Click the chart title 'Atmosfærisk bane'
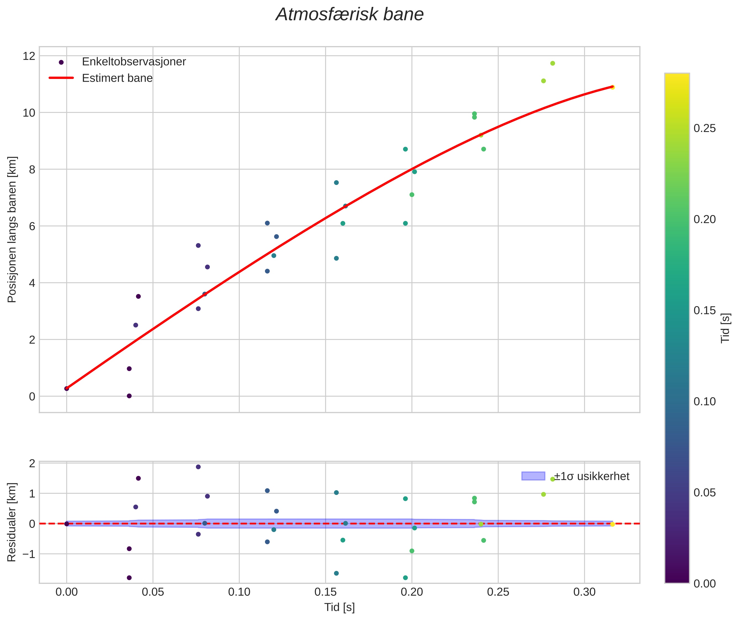tap(350, 15)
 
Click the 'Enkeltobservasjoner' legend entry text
tap(134, 62)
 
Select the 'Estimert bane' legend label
tap(117, 78)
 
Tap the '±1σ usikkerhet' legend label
tap(591, 476)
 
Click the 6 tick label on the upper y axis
tap(32, 226)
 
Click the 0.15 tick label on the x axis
tap(325, 592)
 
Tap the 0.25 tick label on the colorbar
tap(705, 128)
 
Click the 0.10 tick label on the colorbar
tap(705, 401)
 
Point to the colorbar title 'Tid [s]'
tap(725, 328)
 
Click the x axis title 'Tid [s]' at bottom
tap(339, 607)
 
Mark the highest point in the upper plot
tap(552, 63)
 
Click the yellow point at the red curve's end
tap(612, 87)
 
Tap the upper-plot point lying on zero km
tap(129, 396)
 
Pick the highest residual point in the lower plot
tap(198, 467)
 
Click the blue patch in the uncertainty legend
tap(533, 476)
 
